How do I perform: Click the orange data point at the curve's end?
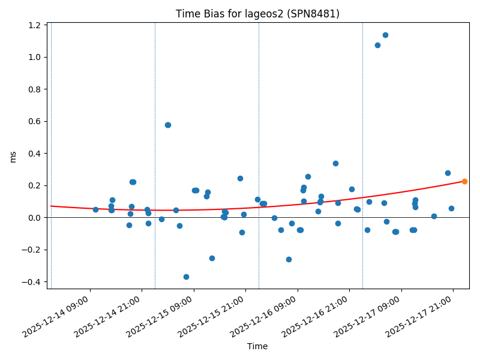[464, 181]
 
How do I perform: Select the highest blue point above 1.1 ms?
[385, 35]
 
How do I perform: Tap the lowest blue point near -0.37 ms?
[186, 277]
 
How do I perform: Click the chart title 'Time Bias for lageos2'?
[257, 14]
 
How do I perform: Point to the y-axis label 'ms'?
[13, 157]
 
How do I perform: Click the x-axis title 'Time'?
[257, 346]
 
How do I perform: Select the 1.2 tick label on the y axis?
[34, 25]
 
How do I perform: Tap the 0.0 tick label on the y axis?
[34, 217]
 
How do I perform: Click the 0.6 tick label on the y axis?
[34, 121]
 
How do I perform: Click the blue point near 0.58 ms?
[168, 125]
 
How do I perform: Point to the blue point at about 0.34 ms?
[335, 163]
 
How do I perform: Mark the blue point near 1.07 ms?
[377, 45]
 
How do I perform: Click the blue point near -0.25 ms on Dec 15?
[212, 258]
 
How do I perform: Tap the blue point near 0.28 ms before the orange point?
[448, 173]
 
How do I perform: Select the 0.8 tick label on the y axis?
[34, 89]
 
